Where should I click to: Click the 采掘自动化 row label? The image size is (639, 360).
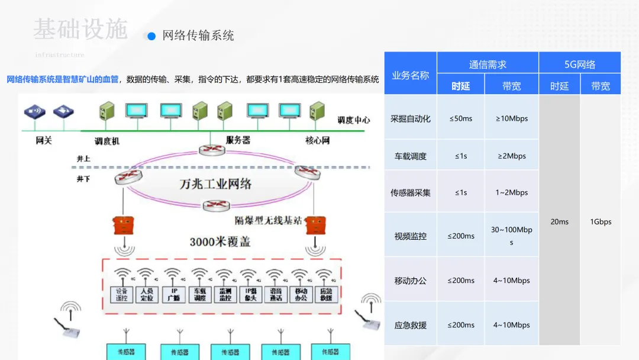click(411, 118)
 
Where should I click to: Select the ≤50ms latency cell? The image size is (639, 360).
click(461, 118)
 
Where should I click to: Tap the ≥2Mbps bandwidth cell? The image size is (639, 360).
click(511, 156)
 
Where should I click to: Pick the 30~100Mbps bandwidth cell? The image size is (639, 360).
click(511, 236)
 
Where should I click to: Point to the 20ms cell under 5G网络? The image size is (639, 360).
click(559, 222)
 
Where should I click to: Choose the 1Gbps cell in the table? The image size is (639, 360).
click(601, 222)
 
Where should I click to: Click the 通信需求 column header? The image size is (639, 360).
click(488, 65)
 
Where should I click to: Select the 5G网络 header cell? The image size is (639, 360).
click(580, 65)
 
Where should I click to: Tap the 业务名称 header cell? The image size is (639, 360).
click(411, 75)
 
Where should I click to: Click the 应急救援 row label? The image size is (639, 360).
click(411, 325)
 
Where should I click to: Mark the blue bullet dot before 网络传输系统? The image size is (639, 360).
click(151, 36)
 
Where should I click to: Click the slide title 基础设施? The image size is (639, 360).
click(80, 29)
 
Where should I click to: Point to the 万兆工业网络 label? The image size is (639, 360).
click(215, 184)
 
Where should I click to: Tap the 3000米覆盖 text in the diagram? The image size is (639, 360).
click(220, 242)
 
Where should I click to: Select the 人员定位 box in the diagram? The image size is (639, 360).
click(147, 294)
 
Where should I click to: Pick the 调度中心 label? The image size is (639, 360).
click(354, 120)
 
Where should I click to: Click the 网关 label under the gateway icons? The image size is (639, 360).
click(44, 141)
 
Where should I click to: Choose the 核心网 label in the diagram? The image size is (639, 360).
click(317, 141)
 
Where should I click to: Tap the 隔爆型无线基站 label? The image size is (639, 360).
click(268, 221)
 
